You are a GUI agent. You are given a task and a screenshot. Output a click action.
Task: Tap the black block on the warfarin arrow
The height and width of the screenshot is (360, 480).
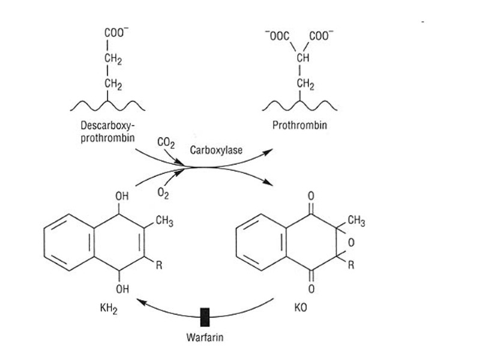pyautogui.click(x=205, y=314)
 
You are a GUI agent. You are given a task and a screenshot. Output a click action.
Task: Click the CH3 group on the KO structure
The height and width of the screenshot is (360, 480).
pyautogui.click(x=356, y=221)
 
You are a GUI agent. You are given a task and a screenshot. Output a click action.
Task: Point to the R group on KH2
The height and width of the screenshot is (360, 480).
pyautogui.click(x=159, y=266)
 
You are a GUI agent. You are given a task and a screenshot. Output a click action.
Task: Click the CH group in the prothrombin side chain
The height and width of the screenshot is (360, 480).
pyautogui.click(x=303, y=58)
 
